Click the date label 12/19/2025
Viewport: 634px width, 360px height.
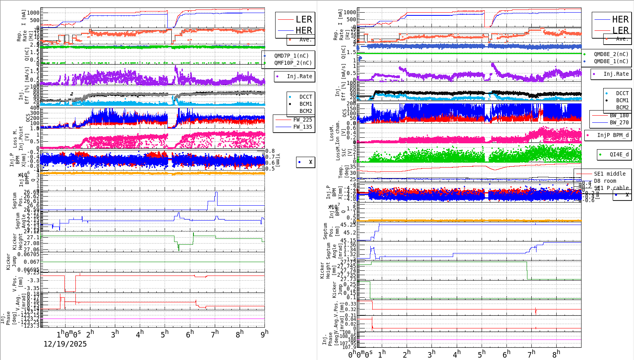65,344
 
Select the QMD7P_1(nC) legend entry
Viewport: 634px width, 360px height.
291,56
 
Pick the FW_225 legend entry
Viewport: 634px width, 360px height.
302,120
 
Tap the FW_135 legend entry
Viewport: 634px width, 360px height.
302,127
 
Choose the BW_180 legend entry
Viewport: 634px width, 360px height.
619,115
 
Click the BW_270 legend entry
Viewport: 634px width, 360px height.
619,122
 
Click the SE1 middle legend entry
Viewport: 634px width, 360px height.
610,174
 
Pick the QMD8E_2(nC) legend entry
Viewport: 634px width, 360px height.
611,54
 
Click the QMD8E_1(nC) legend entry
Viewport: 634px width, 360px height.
611,61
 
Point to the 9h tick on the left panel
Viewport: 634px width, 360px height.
264,334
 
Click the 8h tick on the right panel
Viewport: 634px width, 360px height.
556,354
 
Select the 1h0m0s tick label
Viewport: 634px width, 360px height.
69,334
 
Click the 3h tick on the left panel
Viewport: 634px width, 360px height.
115,334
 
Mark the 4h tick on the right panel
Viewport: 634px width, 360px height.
457,354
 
